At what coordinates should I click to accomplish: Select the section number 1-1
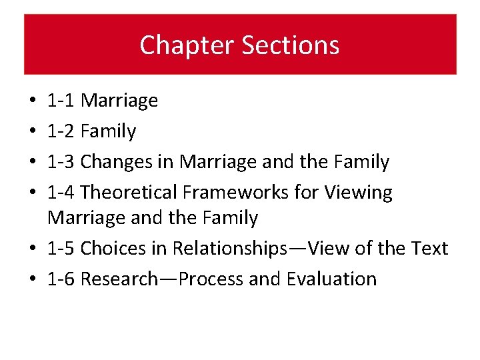[61, 101]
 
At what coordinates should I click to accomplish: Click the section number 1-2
[61, 131]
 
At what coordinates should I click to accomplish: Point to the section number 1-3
[61, 161]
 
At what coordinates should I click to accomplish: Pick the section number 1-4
[61, 192]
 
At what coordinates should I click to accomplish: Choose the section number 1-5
[61, 248]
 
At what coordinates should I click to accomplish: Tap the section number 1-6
[61, 279]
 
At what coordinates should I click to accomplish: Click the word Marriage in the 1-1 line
[119, 101]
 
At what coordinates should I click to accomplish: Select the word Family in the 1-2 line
[108, 131]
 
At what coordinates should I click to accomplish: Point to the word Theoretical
[129, 192]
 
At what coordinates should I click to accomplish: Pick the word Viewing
[358, 192]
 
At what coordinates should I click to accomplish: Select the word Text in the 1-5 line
[431, 248]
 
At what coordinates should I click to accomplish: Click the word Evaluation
[331, 279]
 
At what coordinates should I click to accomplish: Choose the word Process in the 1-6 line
[211, 279]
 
